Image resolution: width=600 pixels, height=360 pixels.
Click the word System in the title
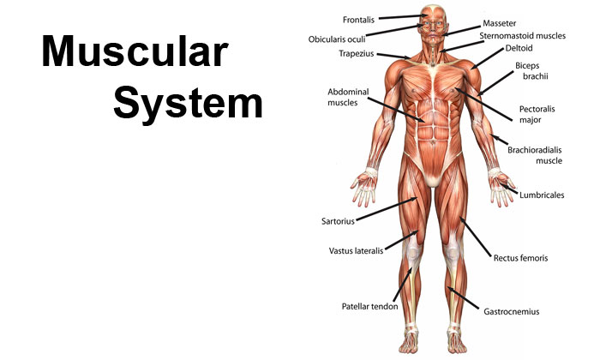point(188,104)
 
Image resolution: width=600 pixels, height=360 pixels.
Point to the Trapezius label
point(357,53)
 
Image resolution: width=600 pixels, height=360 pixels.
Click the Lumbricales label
point(542,195)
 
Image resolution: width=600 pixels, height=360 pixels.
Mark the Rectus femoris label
point(520,258)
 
